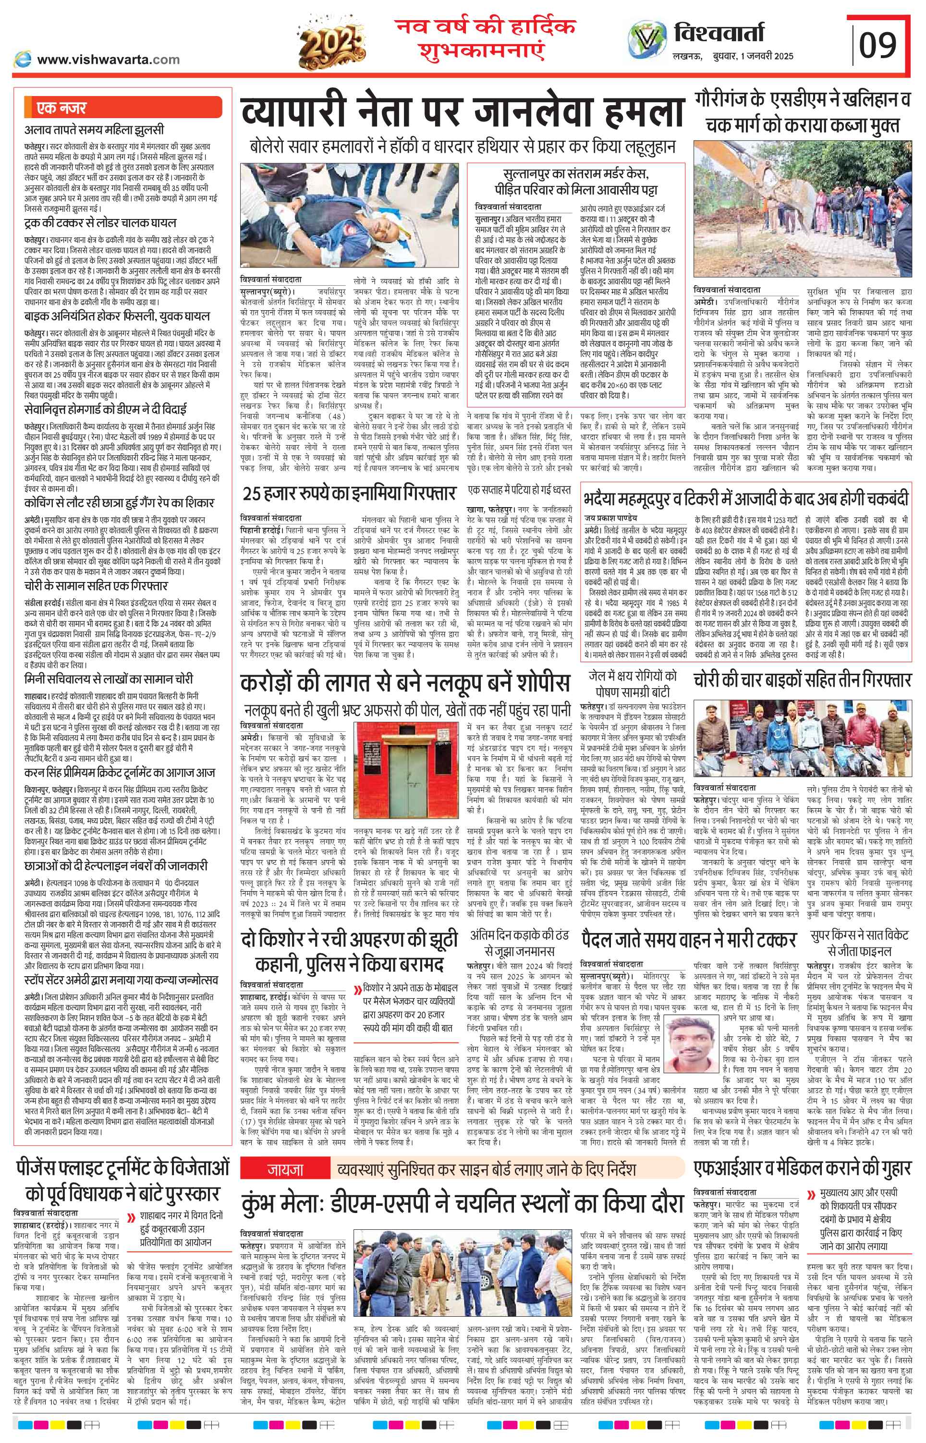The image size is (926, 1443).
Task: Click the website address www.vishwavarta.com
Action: tap(108, 60)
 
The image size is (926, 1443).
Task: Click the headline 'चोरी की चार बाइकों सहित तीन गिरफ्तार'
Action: tap(802, 680)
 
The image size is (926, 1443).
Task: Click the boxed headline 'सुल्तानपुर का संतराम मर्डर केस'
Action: tap(577, 175)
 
